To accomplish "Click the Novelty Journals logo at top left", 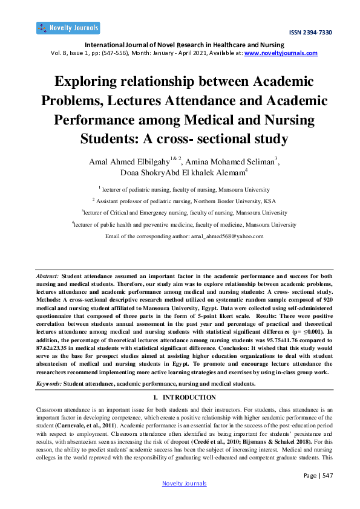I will [x=68, y=28].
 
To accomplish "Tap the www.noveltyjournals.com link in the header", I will [x=281, y=53].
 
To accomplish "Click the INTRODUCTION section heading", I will [x=185, y=397].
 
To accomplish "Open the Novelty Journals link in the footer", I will [x=185, y=483].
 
